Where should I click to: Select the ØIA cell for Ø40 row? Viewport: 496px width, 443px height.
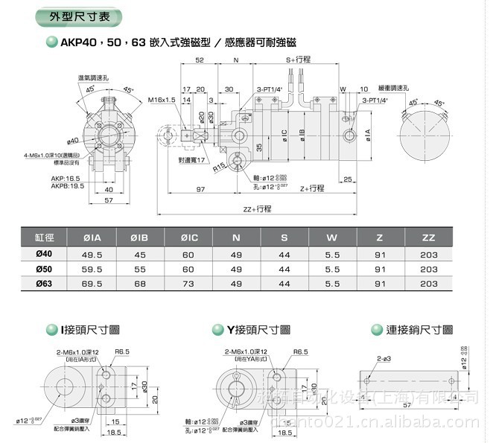[92, 255]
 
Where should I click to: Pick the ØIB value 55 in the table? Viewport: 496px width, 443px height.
[139, 270]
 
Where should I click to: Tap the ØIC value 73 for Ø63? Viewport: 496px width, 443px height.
[188, 284]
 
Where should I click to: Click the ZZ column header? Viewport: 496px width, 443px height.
[428, 238]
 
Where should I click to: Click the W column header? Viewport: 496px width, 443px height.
[333, 238]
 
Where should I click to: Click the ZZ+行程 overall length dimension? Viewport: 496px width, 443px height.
[256, 209]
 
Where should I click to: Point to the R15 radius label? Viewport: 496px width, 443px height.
[217, 168]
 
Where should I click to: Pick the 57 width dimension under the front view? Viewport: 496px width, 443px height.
[108, 201]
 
